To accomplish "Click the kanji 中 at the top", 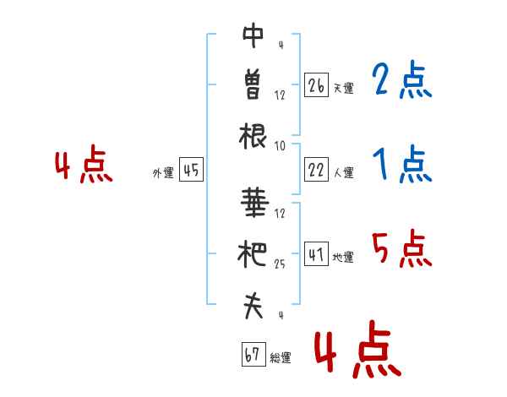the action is (x=253, y=35).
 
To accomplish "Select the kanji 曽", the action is (x=253, y=85).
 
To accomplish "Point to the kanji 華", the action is (x=255, y=202).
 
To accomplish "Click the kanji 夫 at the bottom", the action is (x=253, y=306).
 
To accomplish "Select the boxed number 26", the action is (x=316, y=84).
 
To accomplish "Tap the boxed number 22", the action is (x=316, y=169).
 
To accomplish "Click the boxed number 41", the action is (x=316, y=253).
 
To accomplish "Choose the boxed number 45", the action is (x=191, y=169).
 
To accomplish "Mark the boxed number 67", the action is (x=253, y=354).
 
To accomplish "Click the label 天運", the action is (x=344, y=88).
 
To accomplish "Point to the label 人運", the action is (x=344, y=172).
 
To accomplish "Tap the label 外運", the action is (x=163, y=173).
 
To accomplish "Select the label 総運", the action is (x=281, y=357).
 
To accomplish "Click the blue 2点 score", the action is (x=402, y=79).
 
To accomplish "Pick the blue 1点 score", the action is (x=402, y=164).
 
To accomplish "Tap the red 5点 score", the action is (x=402, y=248).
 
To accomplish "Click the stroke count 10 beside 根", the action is (x=280, y=146).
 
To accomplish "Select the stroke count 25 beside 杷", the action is (x=280, y=264).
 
